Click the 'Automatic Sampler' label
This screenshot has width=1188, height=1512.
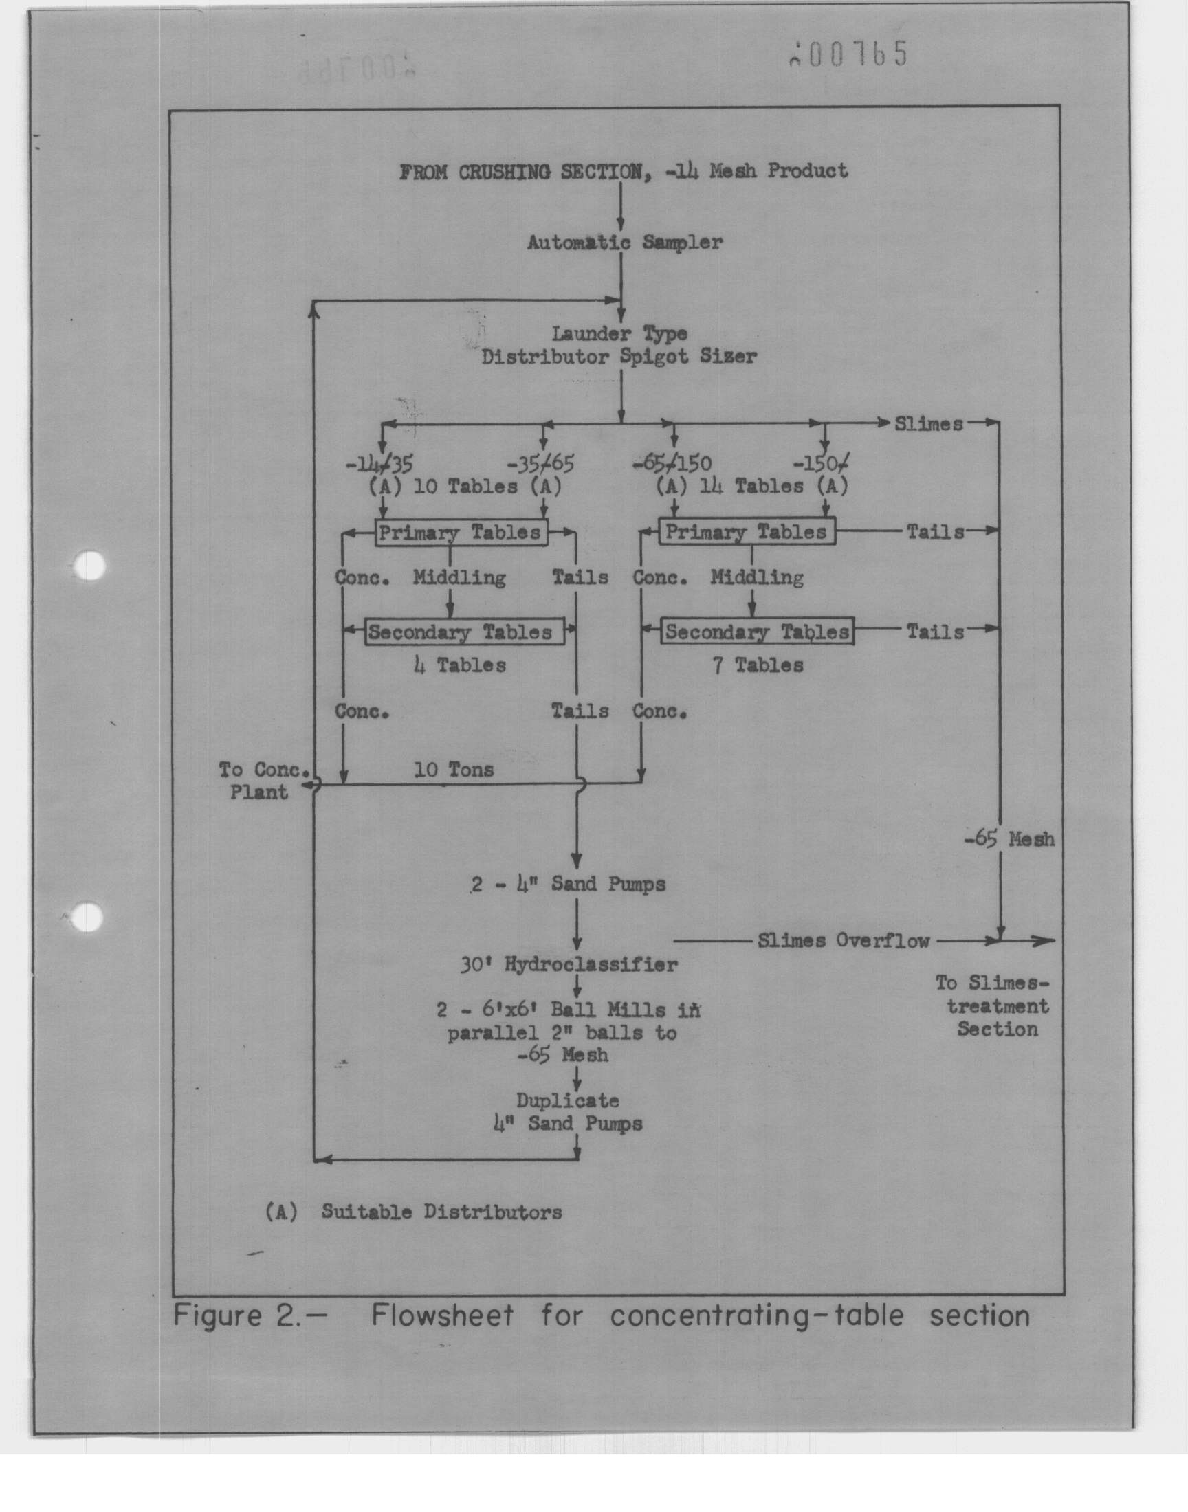pos(625,243)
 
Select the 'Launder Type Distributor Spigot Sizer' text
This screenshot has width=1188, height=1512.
pos(619,346)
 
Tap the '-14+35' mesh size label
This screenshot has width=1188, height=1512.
pos(379,464)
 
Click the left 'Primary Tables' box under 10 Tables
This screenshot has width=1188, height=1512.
pos(461,533)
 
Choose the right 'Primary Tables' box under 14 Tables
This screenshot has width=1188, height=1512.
pos(747,533)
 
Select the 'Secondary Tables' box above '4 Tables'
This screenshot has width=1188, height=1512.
pos(464,632)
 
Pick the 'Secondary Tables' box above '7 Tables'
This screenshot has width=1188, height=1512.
pos(757,631)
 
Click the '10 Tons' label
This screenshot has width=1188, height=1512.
pos(454,770)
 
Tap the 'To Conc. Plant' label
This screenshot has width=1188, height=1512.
pos(263,781)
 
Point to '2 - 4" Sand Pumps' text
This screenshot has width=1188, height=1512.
pos(569,885)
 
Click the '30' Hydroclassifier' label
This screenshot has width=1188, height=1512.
pos(569,965)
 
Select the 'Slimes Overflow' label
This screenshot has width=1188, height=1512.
pos(843,941)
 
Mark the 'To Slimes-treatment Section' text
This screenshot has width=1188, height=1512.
pos(993,1006)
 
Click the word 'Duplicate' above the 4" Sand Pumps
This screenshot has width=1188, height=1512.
pos(568,1100)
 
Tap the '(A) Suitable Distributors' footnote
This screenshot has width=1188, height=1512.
pos(414,1212)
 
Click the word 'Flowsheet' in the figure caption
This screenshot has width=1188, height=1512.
pos(442,1315)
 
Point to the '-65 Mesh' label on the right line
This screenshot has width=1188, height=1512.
pos(1009,839)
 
